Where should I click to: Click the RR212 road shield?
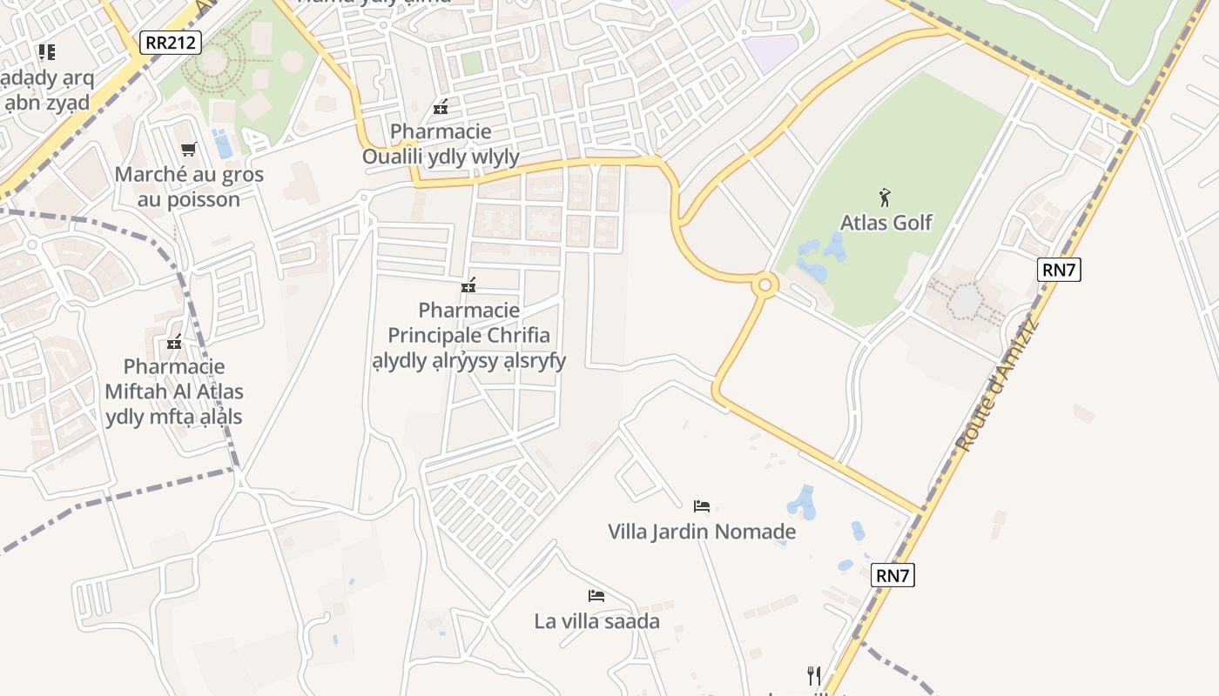(x=171, y=43)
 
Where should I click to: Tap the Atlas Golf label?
(x=886, y=223)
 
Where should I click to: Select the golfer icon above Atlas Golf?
(x=886, y=197)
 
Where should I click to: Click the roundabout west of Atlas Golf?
(x=765, y=284)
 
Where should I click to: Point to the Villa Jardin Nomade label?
(x=702, y=532)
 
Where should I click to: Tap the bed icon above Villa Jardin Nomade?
(x=702, y=505)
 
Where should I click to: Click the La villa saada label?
(x=596, y=621)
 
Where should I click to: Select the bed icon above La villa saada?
(x=596, y=596)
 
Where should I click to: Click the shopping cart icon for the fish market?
(x=189, y=150)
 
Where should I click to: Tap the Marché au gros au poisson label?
(x=189, y=187)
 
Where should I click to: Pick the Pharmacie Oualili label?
(x=441, y=144)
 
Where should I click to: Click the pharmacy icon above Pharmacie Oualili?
(x=441, y=108)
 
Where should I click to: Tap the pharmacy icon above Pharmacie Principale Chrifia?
(x=469, y=284)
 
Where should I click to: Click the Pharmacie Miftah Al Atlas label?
(x=174, y=391)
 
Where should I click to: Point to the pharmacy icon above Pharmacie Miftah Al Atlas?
(x=174, y=341)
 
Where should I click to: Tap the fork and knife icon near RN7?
(x=814, y=675)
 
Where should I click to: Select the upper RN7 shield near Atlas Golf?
(x=1060, y=270)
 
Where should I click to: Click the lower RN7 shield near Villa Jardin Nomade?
(x=893, y=575)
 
